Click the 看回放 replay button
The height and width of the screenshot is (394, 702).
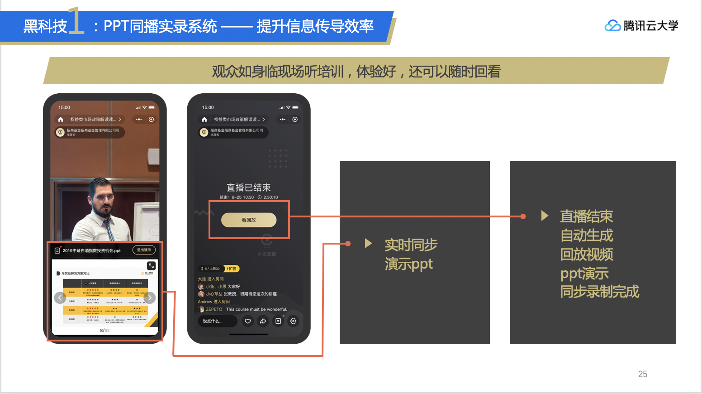click(248, 220)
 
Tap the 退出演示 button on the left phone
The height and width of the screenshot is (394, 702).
click(144, 250)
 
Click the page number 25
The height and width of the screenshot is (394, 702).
click(642, 374)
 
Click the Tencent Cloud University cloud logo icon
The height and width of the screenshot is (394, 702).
click(612, 26)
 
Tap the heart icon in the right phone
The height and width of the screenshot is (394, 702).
click(248, 321)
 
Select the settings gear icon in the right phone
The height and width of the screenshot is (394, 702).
click(294, 321)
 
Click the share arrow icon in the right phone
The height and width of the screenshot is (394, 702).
click(263, 321)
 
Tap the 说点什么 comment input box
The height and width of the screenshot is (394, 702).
click(217, 321)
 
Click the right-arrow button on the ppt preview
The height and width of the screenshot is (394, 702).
click(150, 298)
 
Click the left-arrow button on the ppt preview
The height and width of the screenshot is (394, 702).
click(60, 298)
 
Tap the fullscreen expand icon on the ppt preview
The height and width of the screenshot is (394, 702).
click(151, 266)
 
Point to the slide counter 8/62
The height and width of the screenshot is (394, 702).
click(105, 331)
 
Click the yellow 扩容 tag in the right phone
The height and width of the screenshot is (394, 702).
click(232, 269)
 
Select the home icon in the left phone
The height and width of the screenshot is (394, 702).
click(61, 120)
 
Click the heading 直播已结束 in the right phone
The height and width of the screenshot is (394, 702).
click(248, 187)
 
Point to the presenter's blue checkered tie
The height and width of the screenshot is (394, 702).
click(109, 229)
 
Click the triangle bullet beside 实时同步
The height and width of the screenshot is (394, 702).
click(368, 243)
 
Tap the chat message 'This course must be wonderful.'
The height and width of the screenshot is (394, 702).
click(256, 309)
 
